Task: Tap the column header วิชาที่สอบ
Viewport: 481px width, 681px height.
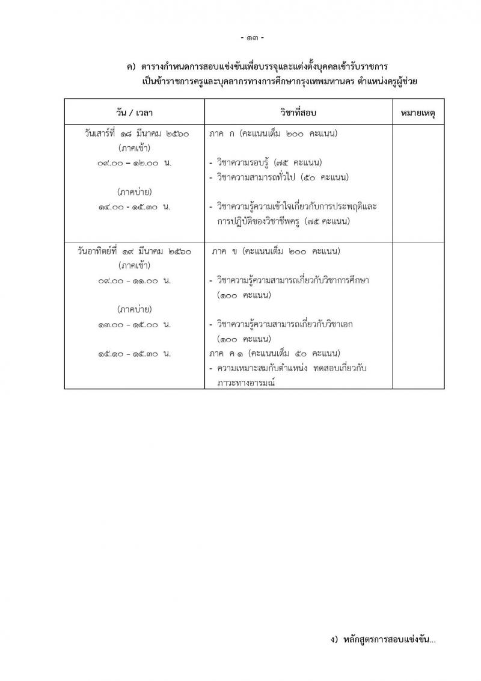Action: [x=298, y=112]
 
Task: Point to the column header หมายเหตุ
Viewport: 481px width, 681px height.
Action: [x=418, y=112]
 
